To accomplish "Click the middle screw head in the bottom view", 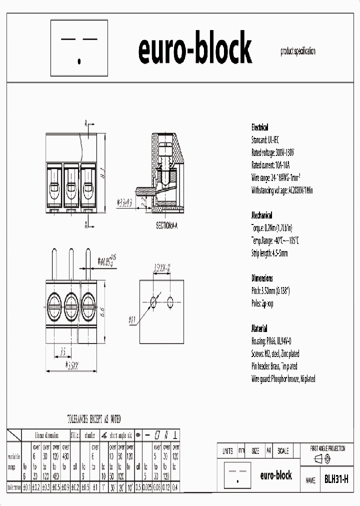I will [71, 302].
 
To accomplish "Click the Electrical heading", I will [259, 127].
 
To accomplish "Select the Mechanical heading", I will [261, 215].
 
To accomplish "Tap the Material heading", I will [259, 329].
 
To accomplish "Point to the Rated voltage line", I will [273, 152].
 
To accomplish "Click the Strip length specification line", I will [269, 253].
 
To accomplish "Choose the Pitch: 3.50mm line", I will [270, 291].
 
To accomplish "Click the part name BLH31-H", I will [335, 479].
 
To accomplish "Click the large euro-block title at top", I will [194, 49].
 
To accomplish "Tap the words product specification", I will [298, 51].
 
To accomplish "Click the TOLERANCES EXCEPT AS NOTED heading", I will [94, 419].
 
